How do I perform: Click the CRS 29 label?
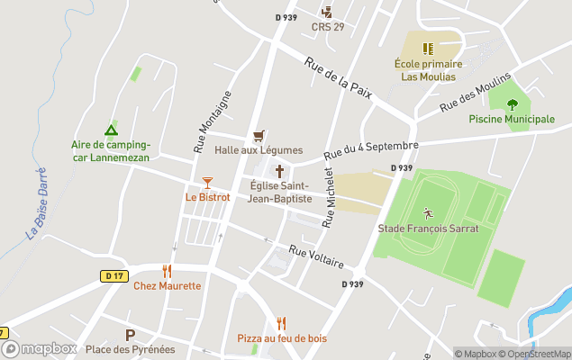pyautogui.click(x=328, y=27)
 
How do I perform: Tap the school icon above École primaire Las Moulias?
pyautogui.click(x=429, y=48)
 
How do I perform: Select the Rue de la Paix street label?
pyautogui.click(x=338, y=76)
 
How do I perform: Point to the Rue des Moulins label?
pyautogui.click(x=475, y=92)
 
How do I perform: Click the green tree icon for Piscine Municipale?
pyautogui.click(x=512, y=104)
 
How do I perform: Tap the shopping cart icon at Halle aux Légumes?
pyautogui.click(x=259, y=135)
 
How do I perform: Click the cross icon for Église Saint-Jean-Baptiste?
pyautogui.click(x=279, y=170)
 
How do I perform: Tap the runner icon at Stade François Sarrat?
pyautogui.click(x=428, y=213)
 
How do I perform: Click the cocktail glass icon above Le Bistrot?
pyautogui.click(x=207, y=183)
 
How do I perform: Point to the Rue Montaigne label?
pyautogui.click(x=200, y=121)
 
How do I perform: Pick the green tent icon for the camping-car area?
pyautogui.click(x=111, y=130)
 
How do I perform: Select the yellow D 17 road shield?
pyautogui.click(x=113, y=276)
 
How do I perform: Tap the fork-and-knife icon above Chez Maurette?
pyautogui.click(x=167, y=271)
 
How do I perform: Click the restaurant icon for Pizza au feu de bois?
pyautogui.click(x=281, y=323)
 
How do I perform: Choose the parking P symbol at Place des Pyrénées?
pyautogui.click(x=130, y=335)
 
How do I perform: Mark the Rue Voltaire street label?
pyautogui.click(x=316, y=256)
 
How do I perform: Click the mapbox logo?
pyautogui.click(x=41, y=348)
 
